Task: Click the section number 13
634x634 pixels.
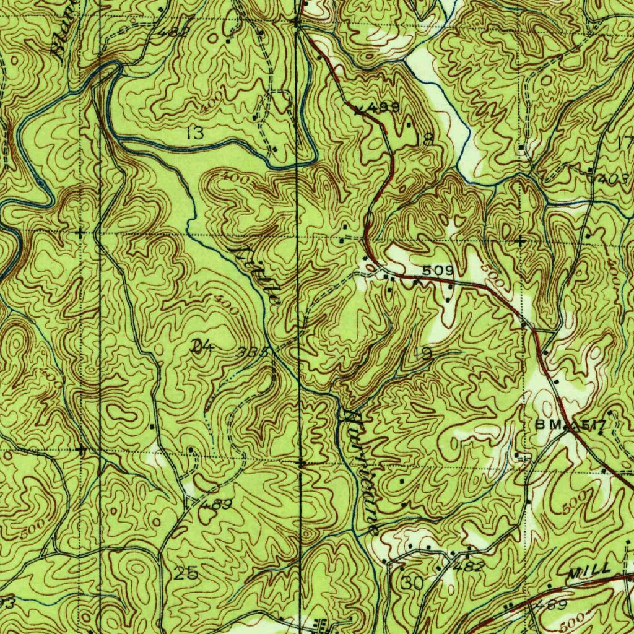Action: pos(195,132)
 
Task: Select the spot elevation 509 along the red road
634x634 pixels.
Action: pos(438,271)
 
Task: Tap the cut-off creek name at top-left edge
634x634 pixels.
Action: pos(66,28)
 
